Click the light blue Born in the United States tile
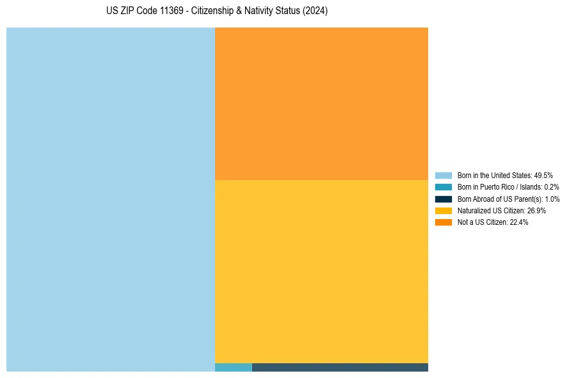[111, 199]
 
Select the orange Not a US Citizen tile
[321, 104]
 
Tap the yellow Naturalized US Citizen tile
[321, 271]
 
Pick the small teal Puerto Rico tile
[234, 367]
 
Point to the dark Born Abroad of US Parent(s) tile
[340, 367]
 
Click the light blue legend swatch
[443, 176]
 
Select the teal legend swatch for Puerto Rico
[443, 187]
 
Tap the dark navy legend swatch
[443, 199]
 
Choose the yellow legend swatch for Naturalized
[443, 210]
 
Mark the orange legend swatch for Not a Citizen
[443, 222]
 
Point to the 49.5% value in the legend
[543, 176]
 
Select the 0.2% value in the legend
[551, 187]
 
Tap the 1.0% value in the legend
[552, 199]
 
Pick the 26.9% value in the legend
[536, 210]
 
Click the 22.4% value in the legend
[518, 222]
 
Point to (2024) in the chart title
[316, 12]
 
